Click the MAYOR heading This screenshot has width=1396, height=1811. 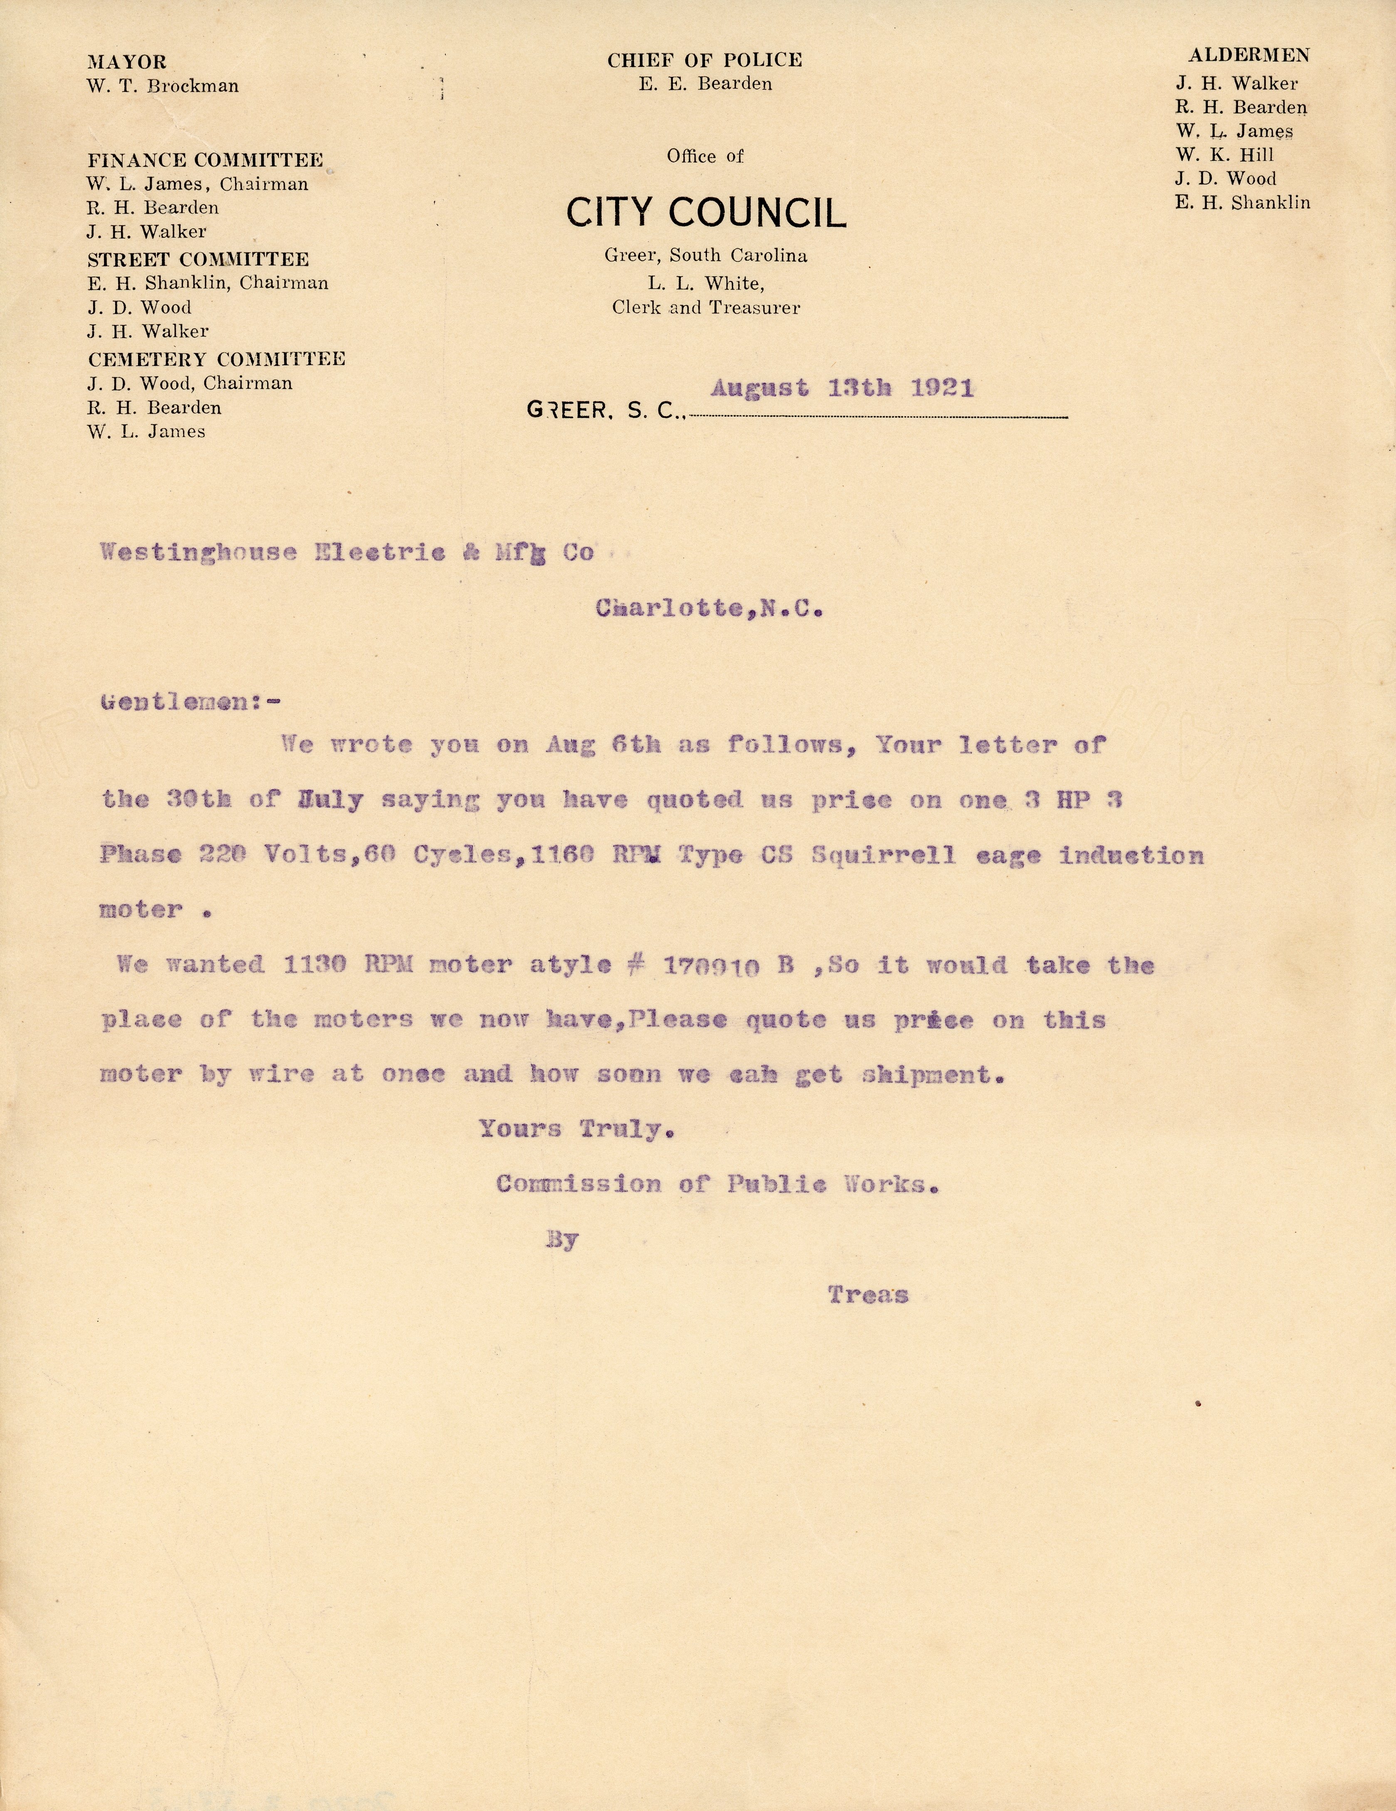[x=127, y=62]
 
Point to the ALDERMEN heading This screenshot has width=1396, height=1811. [x=1248, y=56]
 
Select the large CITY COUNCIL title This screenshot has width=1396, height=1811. [x=706, y=213]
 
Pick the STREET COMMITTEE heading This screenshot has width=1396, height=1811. [x=198, y=259]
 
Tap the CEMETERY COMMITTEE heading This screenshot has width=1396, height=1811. [x=217, y=359]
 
